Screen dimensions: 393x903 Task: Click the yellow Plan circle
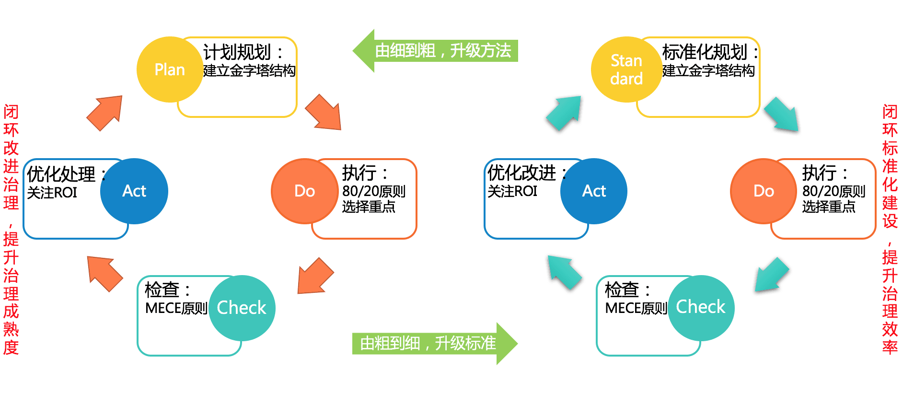point(170,69)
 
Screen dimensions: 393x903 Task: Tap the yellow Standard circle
point(626,69)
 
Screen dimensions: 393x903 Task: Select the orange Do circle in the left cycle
point(304,191)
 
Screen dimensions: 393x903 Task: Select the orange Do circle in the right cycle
point(763,191)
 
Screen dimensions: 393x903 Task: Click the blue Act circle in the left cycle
point(134,191)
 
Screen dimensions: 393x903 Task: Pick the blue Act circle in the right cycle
point(593,191)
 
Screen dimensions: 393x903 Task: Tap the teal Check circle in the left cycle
point(242,308)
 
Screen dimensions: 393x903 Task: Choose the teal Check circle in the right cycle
point(701,307)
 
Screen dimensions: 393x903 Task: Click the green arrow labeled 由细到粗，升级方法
point(436,51)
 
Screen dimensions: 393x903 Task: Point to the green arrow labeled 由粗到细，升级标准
point(434,343)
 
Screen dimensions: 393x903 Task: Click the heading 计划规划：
point(243,52)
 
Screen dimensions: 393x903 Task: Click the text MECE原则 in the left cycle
point(176,308)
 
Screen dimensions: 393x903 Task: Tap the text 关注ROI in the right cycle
point(512,191)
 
